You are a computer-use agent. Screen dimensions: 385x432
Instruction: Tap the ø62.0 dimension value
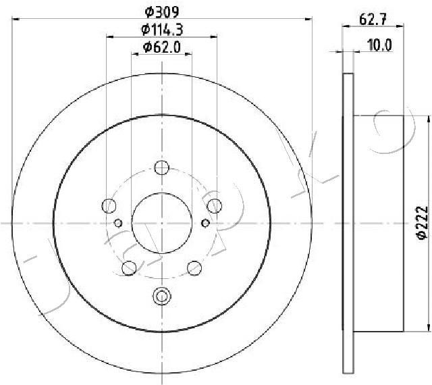pyautogui.click(x=161, y=47)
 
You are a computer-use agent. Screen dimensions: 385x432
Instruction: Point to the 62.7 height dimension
pyautogui.click(x=373, y=20)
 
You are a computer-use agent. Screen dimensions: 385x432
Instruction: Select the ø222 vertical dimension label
pyautogui.click(x=419, y=222)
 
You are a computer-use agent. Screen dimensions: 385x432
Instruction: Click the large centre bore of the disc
pyautogui.click(x=161, y=224)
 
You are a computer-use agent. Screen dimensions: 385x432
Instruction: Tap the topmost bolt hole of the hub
pyautogui.click(x=161, y=168)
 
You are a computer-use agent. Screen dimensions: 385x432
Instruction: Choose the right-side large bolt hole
pyautogui.click(x=215, y=205)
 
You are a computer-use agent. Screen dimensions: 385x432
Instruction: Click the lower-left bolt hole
pyautogui.click(x=128, y=268)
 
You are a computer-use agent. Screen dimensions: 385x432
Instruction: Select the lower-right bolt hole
pyautogui.click(x=194, y=268)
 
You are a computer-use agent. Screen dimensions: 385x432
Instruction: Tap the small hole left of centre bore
pyautogui.click(x=118, y=224)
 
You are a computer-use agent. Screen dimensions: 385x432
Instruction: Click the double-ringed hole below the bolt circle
pyautogui.click(x=161, y=295)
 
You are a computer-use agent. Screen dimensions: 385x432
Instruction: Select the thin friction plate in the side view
pyautogui.click(x=348, y=223)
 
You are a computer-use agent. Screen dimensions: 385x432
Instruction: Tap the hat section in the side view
pyautogui.click(x=378, y=223)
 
